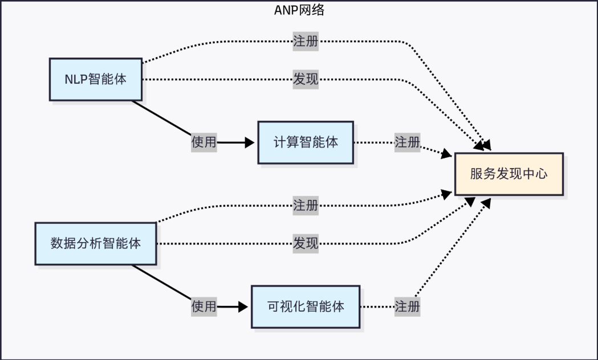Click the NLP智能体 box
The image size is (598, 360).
tap(95, 79)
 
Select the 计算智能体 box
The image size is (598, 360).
tap(305, 142)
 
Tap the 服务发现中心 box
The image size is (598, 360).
tap(508, 174)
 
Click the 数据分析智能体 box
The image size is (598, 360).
tap(95, 244)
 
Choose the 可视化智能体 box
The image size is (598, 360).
tap(305, 306)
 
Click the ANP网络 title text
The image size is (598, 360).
tap(299, 10)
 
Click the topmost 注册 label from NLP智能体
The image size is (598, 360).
tap(305, 42)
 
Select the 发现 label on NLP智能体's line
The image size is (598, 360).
tap(305, 79)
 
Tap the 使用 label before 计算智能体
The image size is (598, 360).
tap(204, 142)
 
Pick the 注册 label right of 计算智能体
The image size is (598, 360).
tap(407, 142)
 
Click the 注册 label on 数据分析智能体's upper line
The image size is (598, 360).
tap(305, 206)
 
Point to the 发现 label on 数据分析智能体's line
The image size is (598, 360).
tap(305, 244)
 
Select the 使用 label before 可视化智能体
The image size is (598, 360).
tap(204, 306)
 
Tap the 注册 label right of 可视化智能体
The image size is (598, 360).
tap(407, 306)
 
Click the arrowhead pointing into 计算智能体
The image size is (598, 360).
tap(250, 142)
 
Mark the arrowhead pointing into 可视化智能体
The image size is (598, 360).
tap(243, 306)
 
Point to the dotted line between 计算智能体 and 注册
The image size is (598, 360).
tap(373, 142)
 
